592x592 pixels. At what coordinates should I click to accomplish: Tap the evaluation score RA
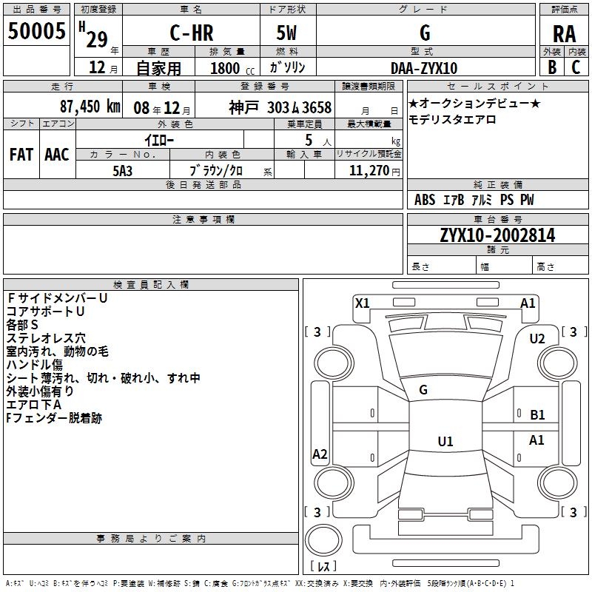click(564, 34)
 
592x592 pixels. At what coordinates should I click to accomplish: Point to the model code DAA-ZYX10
click(424, 68)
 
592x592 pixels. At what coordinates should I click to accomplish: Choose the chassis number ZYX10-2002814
click(497, 235)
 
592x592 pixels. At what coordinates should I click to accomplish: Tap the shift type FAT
click(21, 154)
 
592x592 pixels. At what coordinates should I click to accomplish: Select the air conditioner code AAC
click(56, 154)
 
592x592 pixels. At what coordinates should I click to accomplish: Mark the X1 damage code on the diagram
click(362, 303)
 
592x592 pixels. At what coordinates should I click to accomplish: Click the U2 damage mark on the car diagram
click(536, 338)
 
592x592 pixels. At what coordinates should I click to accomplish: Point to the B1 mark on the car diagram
click(537, 415)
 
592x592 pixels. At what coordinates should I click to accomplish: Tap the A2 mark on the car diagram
click(320, 454)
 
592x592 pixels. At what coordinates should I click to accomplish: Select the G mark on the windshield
click(423, 390)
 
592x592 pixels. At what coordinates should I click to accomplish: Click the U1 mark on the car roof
click(445, 441)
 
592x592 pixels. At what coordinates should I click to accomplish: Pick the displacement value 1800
click(224, 68)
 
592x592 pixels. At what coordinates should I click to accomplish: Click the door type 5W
click(288, 34)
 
